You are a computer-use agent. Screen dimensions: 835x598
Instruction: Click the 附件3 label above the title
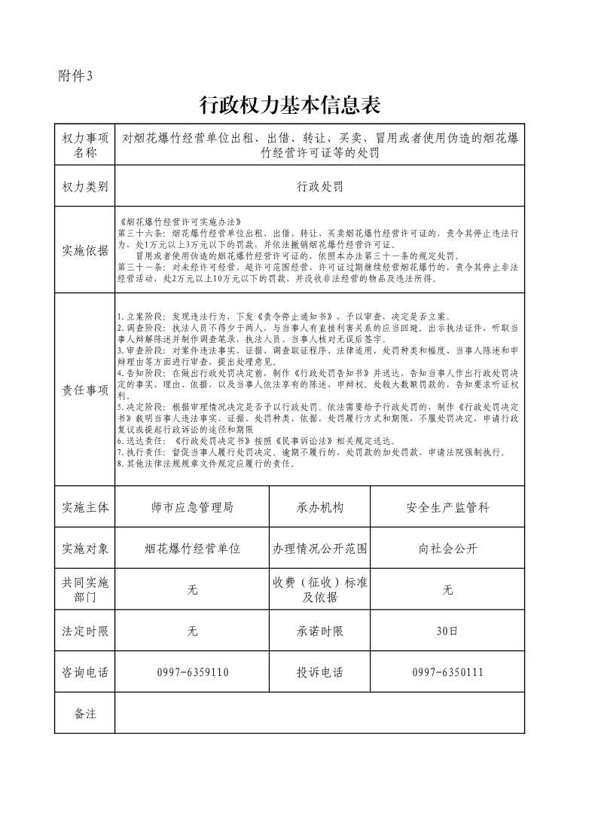pos(75,75)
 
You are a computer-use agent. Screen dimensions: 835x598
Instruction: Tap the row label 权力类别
pos(85,187)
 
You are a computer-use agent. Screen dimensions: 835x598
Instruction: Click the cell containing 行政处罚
pos(319,187)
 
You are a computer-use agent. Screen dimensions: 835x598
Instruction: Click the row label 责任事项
pos(85,390)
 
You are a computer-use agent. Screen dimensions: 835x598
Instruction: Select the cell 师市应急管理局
pos(192,508)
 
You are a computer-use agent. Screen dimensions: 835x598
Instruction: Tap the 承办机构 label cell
pos(320,508)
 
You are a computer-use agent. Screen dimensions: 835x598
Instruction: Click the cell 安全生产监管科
pos(447,508)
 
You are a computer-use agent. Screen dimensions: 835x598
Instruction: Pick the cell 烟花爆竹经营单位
pos(192,549)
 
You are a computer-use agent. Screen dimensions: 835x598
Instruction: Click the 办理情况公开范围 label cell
pos(320,549)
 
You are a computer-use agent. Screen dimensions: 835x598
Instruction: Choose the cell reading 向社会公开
pos(447,549)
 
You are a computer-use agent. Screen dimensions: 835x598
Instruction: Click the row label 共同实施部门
pos(85,590)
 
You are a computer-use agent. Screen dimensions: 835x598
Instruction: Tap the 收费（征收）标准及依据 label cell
pos(320,590)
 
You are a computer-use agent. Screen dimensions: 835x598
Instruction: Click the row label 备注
pos(85,713)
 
